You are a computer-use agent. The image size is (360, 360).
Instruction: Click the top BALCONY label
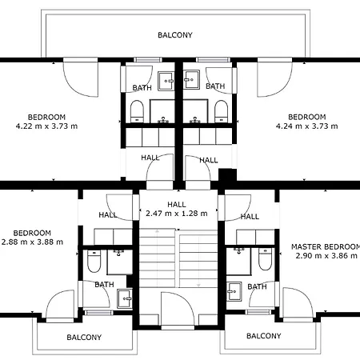(x=175, y=35)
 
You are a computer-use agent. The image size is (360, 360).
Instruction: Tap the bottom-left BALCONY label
(x=84, y=338)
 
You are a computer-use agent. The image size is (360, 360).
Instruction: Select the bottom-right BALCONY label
(x=264, y=336)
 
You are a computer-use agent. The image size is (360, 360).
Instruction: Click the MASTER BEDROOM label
(x=326, y=246)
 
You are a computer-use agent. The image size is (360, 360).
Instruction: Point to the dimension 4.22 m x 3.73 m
(x=46, y=126)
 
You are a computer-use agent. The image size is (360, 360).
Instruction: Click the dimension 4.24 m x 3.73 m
(x=307, y=126)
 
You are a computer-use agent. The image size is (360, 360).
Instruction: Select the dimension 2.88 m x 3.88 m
(x=32, y=242)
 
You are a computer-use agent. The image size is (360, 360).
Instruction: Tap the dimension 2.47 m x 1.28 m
(x=177, y=214)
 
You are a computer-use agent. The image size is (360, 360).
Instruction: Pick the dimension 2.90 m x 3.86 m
(x=326, y=256)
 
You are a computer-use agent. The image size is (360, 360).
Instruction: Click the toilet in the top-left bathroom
(x=137, y=111)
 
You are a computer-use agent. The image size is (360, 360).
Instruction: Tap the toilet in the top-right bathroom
(x=222, y=111)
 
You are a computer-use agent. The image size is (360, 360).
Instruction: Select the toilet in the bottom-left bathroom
(x=94, y=261)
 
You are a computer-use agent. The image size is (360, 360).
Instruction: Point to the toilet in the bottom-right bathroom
(x=265, y=259)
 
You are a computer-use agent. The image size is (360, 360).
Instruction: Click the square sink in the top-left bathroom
(x=166, y=81)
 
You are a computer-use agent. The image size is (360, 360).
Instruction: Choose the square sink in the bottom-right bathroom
(x=234, y=291)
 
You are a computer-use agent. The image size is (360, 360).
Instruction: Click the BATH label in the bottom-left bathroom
(x=104, y=285)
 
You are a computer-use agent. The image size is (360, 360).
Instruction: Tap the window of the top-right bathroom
(x=213, y=59)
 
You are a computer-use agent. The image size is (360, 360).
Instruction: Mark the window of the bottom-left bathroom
(x=98, y=312)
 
